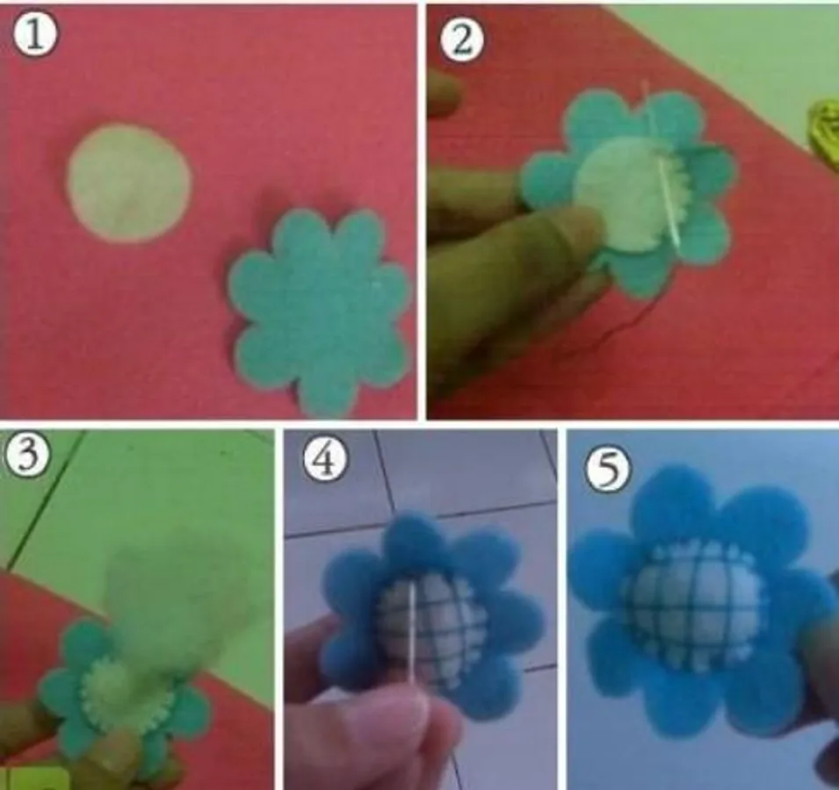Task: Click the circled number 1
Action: coord(34,36)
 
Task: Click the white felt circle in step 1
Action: coord(128,183)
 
